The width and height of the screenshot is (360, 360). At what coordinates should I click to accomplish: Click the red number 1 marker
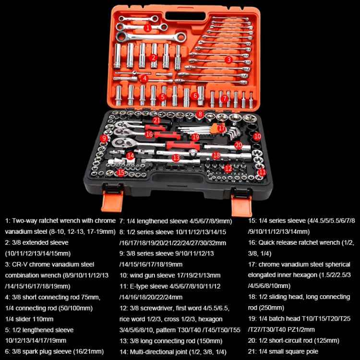[148, 28]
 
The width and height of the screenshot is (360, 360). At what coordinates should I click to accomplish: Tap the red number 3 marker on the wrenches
[228, 60]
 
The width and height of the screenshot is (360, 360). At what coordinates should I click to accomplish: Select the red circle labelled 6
[195, 96]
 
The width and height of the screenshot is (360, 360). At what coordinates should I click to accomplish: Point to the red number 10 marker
[257, 136]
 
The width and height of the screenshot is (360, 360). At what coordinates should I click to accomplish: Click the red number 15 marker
[121, 173]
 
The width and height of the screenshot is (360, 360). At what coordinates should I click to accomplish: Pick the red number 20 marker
[238, 145]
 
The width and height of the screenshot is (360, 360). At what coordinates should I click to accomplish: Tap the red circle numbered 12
[228, 169]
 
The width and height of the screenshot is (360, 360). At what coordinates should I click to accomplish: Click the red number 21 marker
[156, 120]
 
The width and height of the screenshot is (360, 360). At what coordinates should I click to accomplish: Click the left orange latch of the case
[112, 201]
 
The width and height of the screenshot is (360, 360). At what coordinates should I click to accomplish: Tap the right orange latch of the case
[241, 205]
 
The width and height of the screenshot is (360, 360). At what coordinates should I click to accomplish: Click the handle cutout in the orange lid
[185, 16]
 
